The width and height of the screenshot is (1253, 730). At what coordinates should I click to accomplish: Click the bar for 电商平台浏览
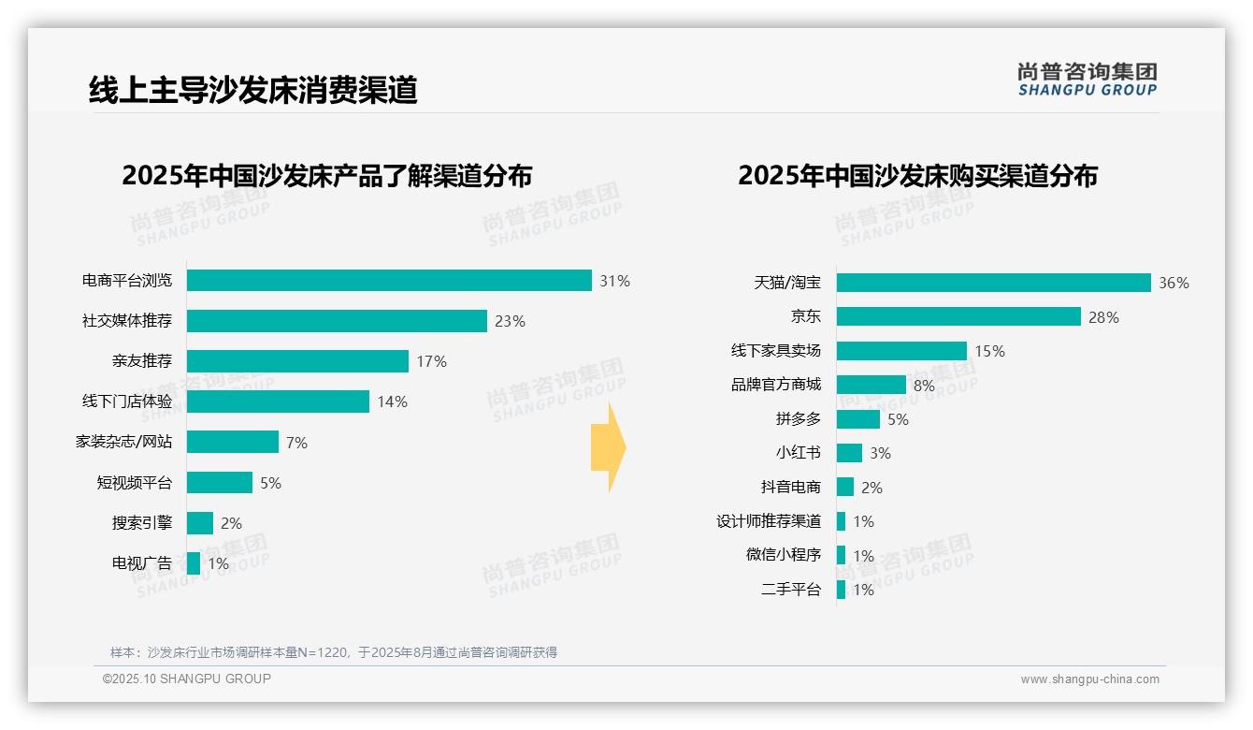pos(389,281)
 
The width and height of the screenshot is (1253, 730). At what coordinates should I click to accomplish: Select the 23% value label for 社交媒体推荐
pos(510,321)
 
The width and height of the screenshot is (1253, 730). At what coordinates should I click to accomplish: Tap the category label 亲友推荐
pos(142,361)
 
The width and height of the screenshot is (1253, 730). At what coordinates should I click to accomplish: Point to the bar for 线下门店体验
pos(278,401)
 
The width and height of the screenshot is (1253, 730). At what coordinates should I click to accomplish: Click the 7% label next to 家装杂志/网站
pos(296,443)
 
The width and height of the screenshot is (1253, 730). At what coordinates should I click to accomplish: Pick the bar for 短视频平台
pos(220,483)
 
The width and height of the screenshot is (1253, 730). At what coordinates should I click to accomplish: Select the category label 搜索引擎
pos(142,523)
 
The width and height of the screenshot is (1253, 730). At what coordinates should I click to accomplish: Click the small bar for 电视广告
pos(194,563)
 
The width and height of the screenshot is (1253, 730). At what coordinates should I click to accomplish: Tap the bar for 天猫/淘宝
pos(993,283)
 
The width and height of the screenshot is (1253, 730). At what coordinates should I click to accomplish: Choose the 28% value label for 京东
pos(1103,317)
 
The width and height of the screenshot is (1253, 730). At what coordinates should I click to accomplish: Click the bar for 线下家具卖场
pos(901,351)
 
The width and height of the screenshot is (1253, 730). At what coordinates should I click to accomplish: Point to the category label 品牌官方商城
pos(776,385)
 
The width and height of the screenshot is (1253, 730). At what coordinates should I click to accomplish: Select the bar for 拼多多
pos(858,419)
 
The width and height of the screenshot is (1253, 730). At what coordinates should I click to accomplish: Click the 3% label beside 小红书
pos(880,453)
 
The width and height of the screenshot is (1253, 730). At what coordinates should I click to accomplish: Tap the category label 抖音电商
pos(791,488)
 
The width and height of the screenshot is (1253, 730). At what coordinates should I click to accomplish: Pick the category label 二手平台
pos(791,590)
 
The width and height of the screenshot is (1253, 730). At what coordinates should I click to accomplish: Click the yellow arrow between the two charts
pos(608,448)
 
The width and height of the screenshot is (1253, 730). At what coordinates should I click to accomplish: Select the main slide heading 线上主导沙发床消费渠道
pos(252,90)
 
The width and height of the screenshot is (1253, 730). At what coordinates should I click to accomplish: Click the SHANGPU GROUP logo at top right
pos(1087,80)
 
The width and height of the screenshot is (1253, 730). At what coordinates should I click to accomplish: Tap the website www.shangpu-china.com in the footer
pos(1089,679)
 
